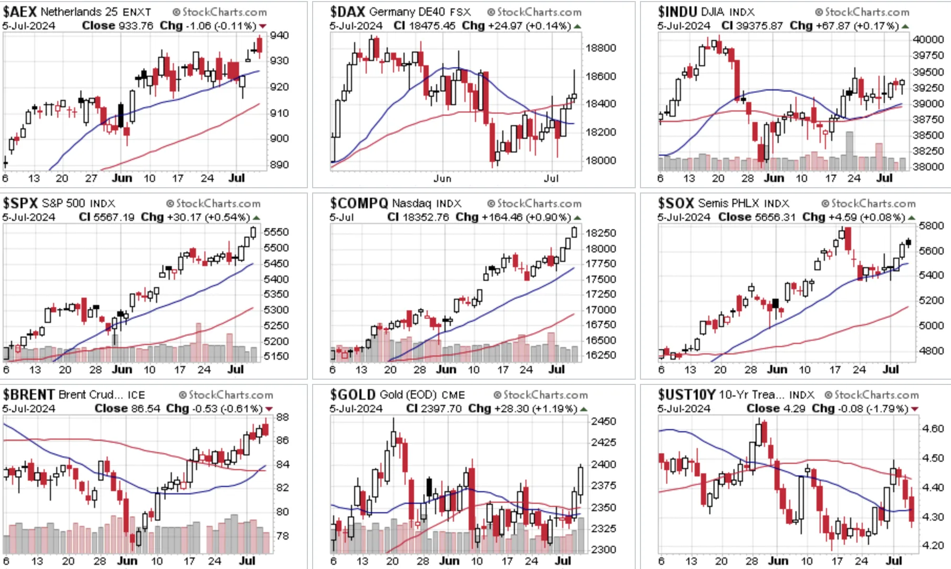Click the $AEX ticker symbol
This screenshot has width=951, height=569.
(x=20, y=12)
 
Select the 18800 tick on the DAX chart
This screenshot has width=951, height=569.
(x=601, y=48)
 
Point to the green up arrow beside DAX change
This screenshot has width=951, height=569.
(x=578, y=26)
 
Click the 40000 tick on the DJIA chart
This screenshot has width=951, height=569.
(x=928, y=39)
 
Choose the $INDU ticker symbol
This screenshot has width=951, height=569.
(x=678, y=12)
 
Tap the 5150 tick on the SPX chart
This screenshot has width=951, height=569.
(x=276, y=356)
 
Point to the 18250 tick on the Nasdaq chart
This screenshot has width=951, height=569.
(x=601, y=233)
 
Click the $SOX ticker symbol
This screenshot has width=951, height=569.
(x=676, y=203)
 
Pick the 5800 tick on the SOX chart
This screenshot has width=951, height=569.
(x=931, y=226)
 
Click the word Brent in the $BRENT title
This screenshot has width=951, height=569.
(x=71, y=395)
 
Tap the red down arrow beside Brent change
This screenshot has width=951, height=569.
(x=269, y=409)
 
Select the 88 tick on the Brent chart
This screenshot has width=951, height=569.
(x=282, y=417)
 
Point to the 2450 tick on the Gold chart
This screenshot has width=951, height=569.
(x=604, y=421)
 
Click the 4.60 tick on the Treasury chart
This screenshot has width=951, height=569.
(x=933, y=429)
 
